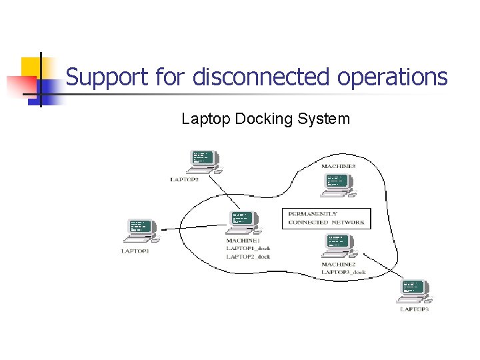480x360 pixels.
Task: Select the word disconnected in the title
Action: tap(261, 77)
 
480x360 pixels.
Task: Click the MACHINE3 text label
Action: tap(338, 165)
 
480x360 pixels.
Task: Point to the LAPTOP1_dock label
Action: tap(248, 248)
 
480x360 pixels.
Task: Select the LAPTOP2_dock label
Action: tap(248, 256)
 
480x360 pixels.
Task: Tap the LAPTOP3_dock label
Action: tap(343, 272)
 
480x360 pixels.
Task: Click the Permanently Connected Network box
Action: tap(326, 218)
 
